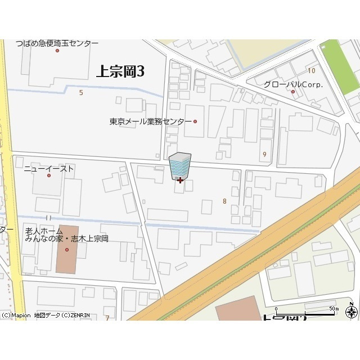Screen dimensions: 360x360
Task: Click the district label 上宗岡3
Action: pos(120,71)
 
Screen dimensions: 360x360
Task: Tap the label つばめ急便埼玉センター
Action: pos(57,43)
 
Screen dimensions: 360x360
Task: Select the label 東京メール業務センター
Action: pos(150,121)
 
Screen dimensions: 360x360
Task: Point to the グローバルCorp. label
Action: pos(293,84)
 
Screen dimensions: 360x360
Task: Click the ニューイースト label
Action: pos(49,168)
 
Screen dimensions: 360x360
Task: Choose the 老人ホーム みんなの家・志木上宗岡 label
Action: pos(66,235)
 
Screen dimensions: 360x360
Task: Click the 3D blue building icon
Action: pos(180,166)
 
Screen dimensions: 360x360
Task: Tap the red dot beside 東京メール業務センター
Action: pos(195,121)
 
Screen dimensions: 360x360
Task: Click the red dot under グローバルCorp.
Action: pos(292,92)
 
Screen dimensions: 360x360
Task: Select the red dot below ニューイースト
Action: pos(48,175)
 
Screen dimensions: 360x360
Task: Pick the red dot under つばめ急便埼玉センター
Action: pos(57,51)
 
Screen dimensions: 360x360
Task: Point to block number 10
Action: pos(311,70)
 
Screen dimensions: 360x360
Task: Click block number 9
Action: pos(264,154)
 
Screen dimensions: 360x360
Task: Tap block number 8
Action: pos(224,201)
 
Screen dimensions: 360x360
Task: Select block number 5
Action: pos(81,92)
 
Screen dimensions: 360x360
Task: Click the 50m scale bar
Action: pos(304,311)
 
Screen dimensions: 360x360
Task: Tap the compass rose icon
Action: pos(352,312)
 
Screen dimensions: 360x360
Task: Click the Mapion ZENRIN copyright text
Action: pos(45,316)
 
